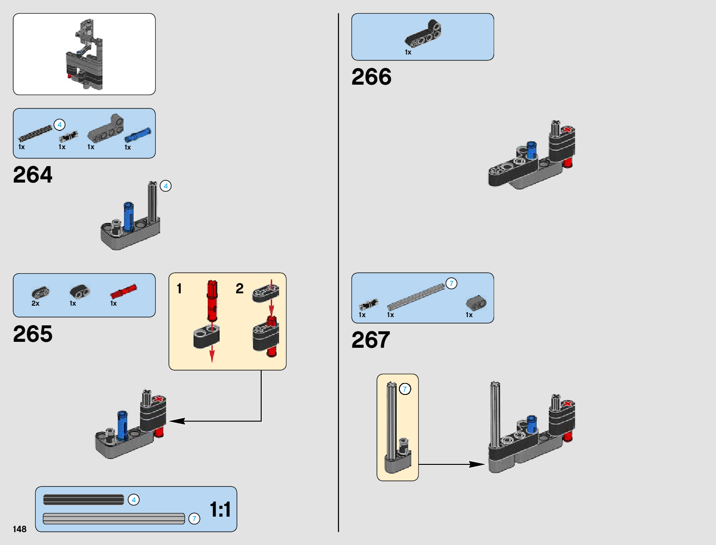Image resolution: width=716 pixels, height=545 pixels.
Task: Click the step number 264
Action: (x=33, y=175)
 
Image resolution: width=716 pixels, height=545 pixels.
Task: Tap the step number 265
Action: (x=33, y=334)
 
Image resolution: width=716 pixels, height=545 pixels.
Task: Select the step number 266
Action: (x=371, y=77)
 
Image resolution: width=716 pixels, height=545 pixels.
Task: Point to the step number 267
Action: (x=371, y=340)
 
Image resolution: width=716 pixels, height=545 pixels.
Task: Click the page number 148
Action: (x=20, y=529)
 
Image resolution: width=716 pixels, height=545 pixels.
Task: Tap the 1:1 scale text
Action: (x=220, y=509)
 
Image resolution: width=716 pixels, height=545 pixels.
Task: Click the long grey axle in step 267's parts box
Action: (x=415, y=297)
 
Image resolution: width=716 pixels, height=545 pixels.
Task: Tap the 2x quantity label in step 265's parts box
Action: (x=35, y=303)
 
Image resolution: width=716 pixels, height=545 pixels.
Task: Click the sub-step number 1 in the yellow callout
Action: (x=179, y=289)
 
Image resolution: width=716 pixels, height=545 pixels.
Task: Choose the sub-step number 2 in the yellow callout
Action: (x=240, y=289)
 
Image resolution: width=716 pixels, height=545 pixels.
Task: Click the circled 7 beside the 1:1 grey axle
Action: (x=194, y=518)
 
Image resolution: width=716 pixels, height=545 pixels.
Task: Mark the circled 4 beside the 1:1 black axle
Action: (x=134, y=500)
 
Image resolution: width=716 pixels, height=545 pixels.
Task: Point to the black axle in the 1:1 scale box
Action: (x=83, y=500)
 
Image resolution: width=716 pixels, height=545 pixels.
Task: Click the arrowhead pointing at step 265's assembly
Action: (x=176, y=421)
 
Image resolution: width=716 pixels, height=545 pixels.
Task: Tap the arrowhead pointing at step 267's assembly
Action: (x=478, y=464)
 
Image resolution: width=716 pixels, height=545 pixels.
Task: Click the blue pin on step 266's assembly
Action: (x=531, y=150)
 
